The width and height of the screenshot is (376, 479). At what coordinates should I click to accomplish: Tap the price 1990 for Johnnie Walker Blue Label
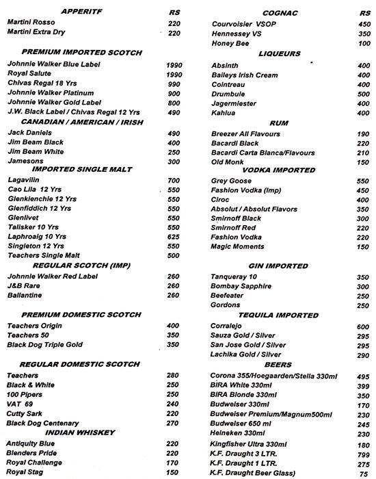coord(174,64)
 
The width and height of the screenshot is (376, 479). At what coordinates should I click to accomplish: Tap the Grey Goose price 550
coord(363,181)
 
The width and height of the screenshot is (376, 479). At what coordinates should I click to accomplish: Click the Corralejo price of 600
coord(363,327)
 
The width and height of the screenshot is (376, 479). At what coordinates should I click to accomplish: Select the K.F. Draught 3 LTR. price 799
coord(363,453)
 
